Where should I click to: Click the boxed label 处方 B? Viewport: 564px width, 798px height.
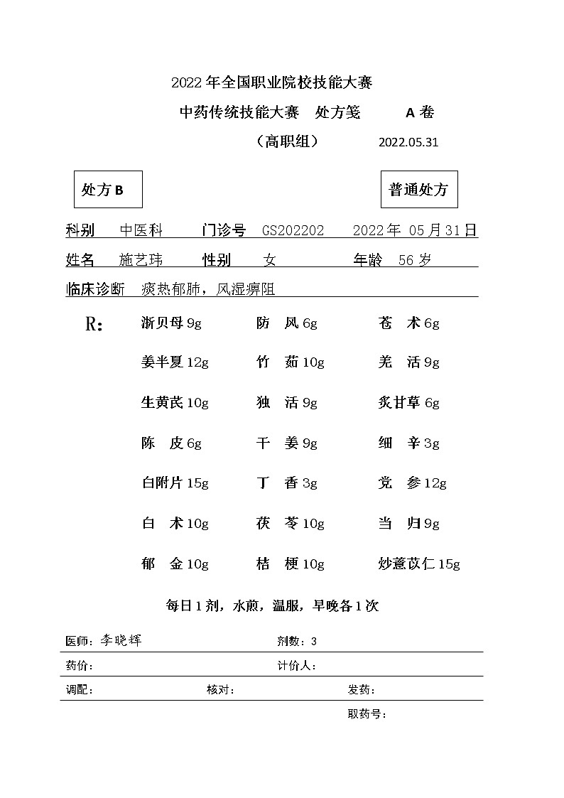pyautogui.click(x=108, y=190)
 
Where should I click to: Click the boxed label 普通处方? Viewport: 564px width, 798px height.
pyautogui.click(x=418, y=190)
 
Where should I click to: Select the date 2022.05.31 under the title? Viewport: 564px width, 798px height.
pyautogui.click(x=408, y=141)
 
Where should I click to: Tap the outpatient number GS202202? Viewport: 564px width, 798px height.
pyautogui.click(x=293, y=230)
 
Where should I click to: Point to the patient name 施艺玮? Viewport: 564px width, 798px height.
pyautogui.click(x=141, y=260)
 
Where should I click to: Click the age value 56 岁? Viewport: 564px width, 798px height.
pyautogui.click(x=415, y=260)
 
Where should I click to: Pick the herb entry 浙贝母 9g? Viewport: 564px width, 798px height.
pyautogui.click(x=171, y=323)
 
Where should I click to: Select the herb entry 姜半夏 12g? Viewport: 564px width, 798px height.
pyautogui.click(x=175, y=362)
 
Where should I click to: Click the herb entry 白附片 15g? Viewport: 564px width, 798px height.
pyautogui.click(x=175, y=483)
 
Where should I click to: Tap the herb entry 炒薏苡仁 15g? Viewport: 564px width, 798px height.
pyautogui.click(x=419, y=564)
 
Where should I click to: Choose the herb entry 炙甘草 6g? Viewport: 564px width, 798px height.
pyautogui.click(x=408, y=403)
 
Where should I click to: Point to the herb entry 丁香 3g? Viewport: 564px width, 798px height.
pyautogui.click(x=286, y=483)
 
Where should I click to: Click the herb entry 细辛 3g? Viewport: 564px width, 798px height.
pyautogui.click(x=408, y=443)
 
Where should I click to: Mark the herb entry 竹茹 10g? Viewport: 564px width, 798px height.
pyautogui.click(x=290, y=362)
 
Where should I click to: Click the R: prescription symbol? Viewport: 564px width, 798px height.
pyautogui.click(x=94, y=325)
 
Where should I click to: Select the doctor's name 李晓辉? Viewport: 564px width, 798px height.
pyautogui.click(x=120, y=640)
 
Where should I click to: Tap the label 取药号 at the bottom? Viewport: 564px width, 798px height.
pyautogui.click(x=367, y=714)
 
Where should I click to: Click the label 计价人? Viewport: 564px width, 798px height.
pyautogui.click(x=296, y=666)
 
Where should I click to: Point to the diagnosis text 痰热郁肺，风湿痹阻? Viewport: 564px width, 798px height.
pyautogui.click(x=207, y=289)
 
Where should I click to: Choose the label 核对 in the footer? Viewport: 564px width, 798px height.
pyautogui.click(x=220, y=690)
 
